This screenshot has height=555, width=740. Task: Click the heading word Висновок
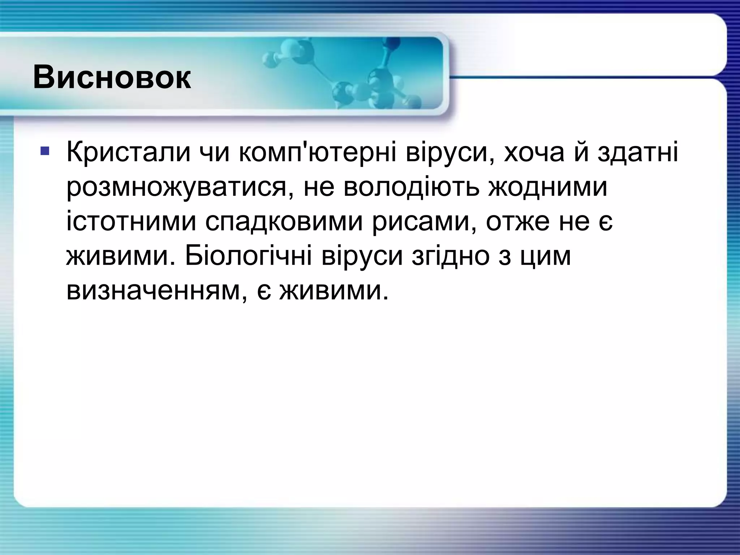[x=112, y=78]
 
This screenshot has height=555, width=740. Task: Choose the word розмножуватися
[x=177, y=188]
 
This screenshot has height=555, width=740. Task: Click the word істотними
[x=132, y=223]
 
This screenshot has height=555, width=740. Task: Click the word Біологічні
[x=249, y=257]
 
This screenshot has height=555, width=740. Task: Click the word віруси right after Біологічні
[x=362, y=257]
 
